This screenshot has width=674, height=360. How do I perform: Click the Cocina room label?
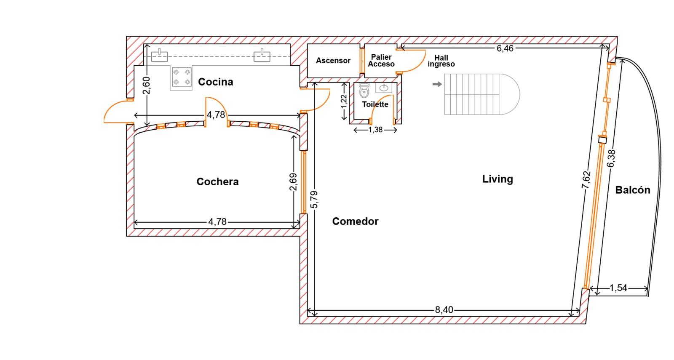click(x=215, y=82)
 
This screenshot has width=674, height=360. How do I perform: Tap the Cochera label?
click(x=217, y=181)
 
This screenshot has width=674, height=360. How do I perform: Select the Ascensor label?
click(x=333, y=61)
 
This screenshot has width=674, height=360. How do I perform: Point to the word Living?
click(x=497, y=179)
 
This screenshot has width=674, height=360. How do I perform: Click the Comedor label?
click(x=356, y=221)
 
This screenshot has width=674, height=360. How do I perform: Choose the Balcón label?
click(x=633, y=190)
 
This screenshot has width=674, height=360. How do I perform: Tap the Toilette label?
click(x=375, y=104)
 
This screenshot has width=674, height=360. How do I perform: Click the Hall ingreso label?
click(x=441, y=61)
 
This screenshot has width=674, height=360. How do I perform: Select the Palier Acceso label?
click(x=381, y=61)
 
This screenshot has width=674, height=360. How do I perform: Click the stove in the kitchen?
click(x=182, y=77)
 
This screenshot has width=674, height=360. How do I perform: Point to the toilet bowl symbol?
click(x=364, y=91)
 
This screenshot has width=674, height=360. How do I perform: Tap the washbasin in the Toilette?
click(x=384, y=88)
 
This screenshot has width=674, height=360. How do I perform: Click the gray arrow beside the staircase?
click(x=437, y=84)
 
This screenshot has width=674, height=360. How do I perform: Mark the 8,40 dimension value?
click(x=444, y=310)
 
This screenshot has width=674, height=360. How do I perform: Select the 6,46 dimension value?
click(x=505, y=48)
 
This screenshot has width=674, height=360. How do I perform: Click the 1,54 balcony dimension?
click(x=618, y=288)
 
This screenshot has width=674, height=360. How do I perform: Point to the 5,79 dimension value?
click(x=314, y=200)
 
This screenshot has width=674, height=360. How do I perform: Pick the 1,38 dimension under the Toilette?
click(x=375, y=130)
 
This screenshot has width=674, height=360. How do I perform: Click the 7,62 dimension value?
click(x=586, y=179)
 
